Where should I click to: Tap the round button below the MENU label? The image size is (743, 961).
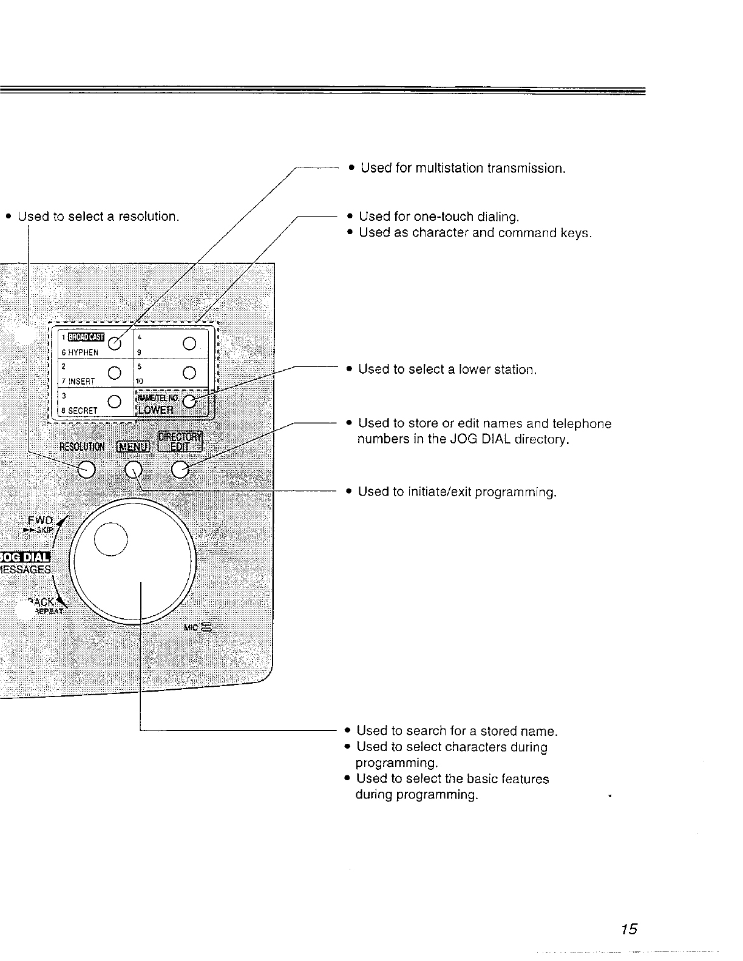(x=134, y=469)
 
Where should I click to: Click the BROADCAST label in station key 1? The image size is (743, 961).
(x=86, y=337)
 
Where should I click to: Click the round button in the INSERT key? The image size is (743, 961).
(x=113, y=372)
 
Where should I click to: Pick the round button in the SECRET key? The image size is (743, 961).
(x=113, y=401)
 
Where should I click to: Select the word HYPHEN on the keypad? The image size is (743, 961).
(x=83, y=352)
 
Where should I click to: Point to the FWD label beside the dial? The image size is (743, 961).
(x=41, y=520)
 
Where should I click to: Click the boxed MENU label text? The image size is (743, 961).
(x=133, y=447)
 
